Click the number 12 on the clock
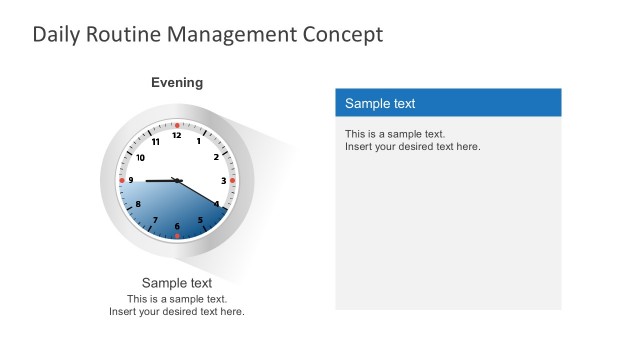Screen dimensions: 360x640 click(177, 135)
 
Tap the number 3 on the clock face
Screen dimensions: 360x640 click(223, 181)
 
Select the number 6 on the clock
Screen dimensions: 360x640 click(177, 227)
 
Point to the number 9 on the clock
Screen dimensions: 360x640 click(131, 181)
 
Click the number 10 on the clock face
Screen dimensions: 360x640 click(140, 158)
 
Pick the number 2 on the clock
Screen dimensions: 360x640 click(216, 157)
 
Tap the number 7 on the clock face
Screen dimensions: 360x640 click(155, 220)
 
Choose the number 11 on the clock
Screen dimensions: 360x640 click(156, 142)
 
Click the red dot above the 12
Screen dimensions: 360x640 click(177, 125)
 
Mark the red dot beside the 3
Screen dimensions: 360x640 click(232, 181)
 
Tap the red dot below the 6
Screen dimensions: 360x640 click(177, 236)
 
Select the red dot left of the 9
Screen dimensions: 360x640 click(122, 181)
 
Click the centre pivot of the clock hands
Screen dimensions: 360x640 click(177, 181)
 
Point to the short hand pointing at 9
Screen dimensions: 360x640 click(158, 181)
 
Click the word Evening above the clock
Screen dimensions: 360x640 click(177, 83)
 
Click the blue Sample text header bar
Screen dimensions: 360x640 click(448, 103)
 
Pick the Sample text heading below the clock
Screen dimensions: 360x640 click(177, 283)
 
